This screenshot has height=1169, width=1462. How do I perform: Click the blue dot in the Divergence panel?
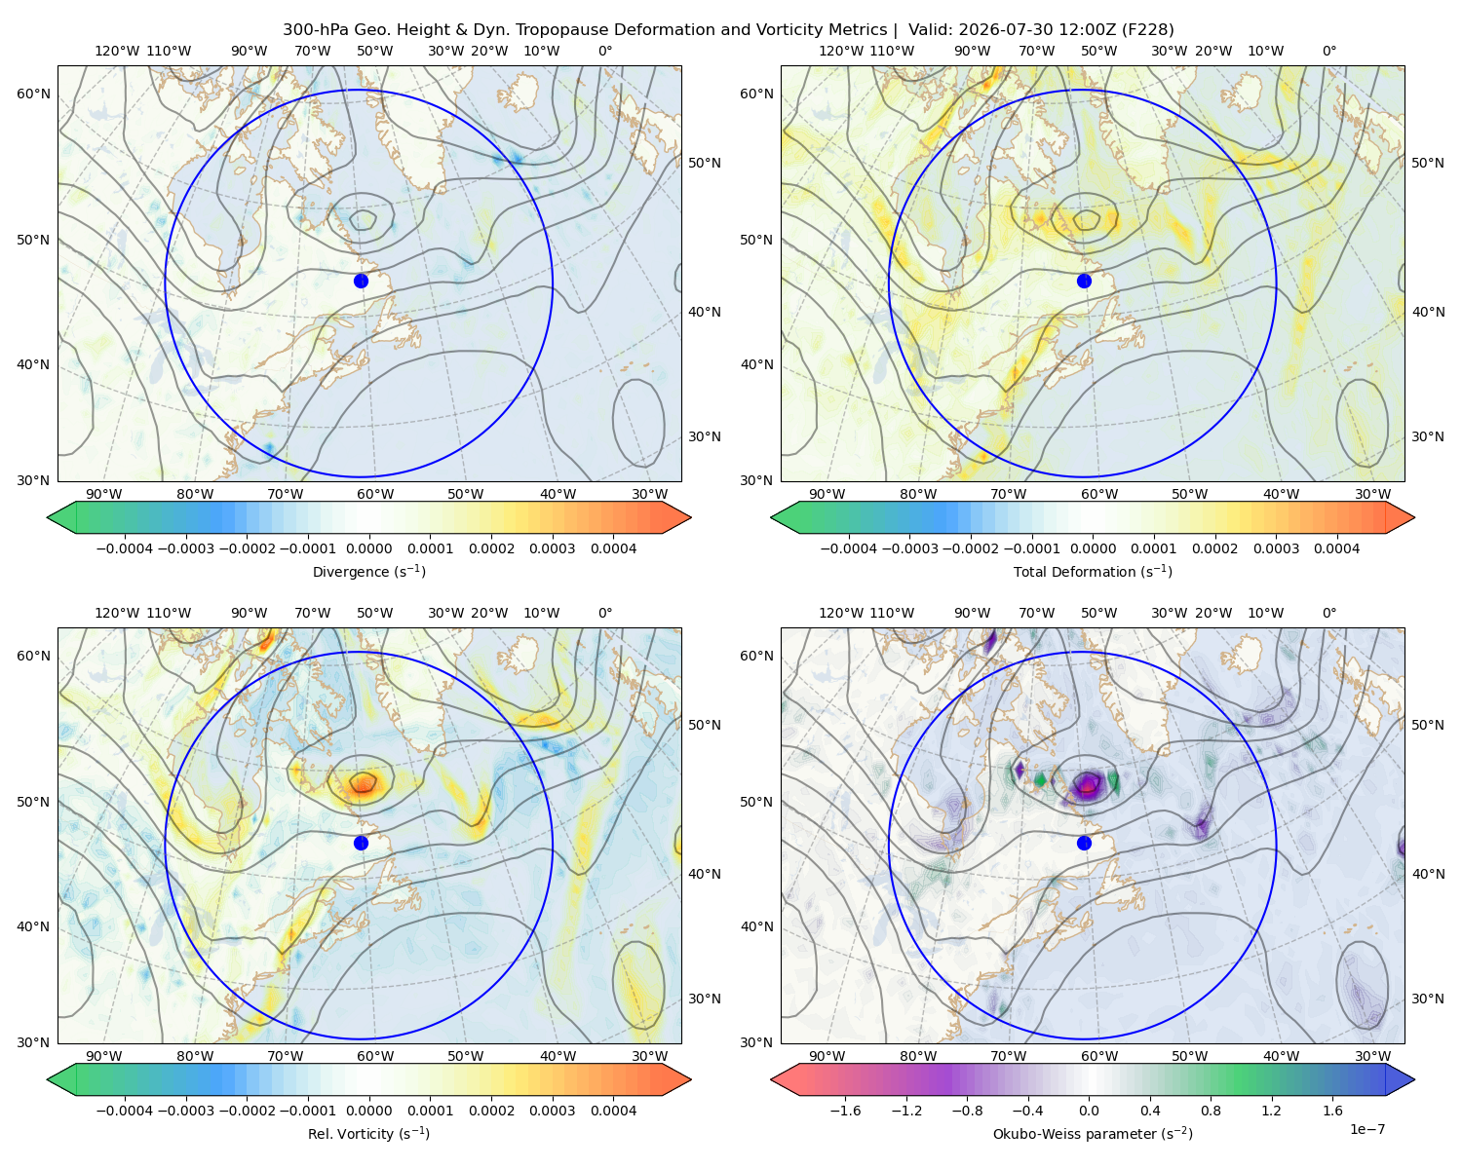(x=361, y=281)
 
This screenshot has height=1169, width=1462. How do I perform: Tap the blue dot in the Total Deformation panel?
(x=1084, y=281)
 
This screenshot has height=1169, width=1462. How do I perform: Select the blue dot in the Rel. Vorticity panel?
(x=361, y=843)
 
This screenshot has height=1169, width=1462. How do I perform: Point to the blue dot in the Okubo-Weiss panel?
(x=1084, y=843)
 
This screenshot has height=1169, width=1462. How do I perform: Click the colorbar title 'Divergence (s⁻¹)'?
(x=368, y=571)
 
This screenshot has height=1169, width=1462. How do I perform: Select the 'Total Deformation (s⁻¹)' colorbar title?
(x=1093, y=571)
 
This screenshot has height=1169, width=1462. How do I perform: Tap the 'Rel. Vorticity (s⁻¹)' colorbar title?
(x=368, y=1133)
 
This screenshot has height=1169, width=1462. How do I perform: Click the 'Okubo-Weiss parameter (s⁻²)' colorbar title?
(x=1093, y=1133)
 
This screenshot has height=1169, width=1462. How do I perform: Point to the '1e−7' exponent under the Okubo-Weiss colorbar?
(x=1366, y=1129)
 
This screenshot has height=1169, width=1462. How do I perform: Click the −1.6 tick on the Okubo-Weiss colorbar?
(x=845, y=1110)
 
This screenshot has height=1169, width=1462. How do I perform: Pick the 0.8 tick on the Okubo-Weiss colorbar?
(x=1211, y=1110)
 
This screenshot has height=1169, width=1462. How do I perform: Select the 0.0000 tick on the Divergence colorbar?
(x=368, y=548)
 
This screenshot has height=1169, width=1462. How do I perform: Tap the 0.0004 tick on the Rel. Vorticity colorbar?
(x=613, y=1110)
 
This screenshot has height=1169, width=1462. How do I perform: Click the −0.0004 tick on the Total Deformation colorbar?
(x=848, y=548)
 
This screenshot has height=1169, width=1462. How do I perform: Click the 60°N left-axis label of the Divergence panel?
(x=33, y=94)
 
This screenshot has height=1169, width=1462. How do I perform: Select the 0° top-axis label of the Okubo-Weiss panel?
(x=1328, y=612)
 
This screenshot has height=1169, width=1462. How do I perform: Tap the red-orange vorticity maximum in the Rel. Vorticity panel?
(x=364, y=782)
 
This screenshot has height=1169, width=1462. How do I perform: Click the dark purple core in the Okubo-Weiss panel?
(x=1088, y=784)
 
